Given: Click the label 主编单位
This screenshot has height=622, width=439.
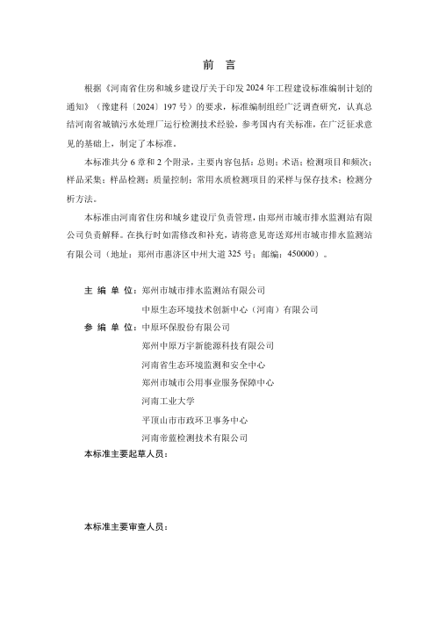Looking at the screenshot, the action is pos(110,289).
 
